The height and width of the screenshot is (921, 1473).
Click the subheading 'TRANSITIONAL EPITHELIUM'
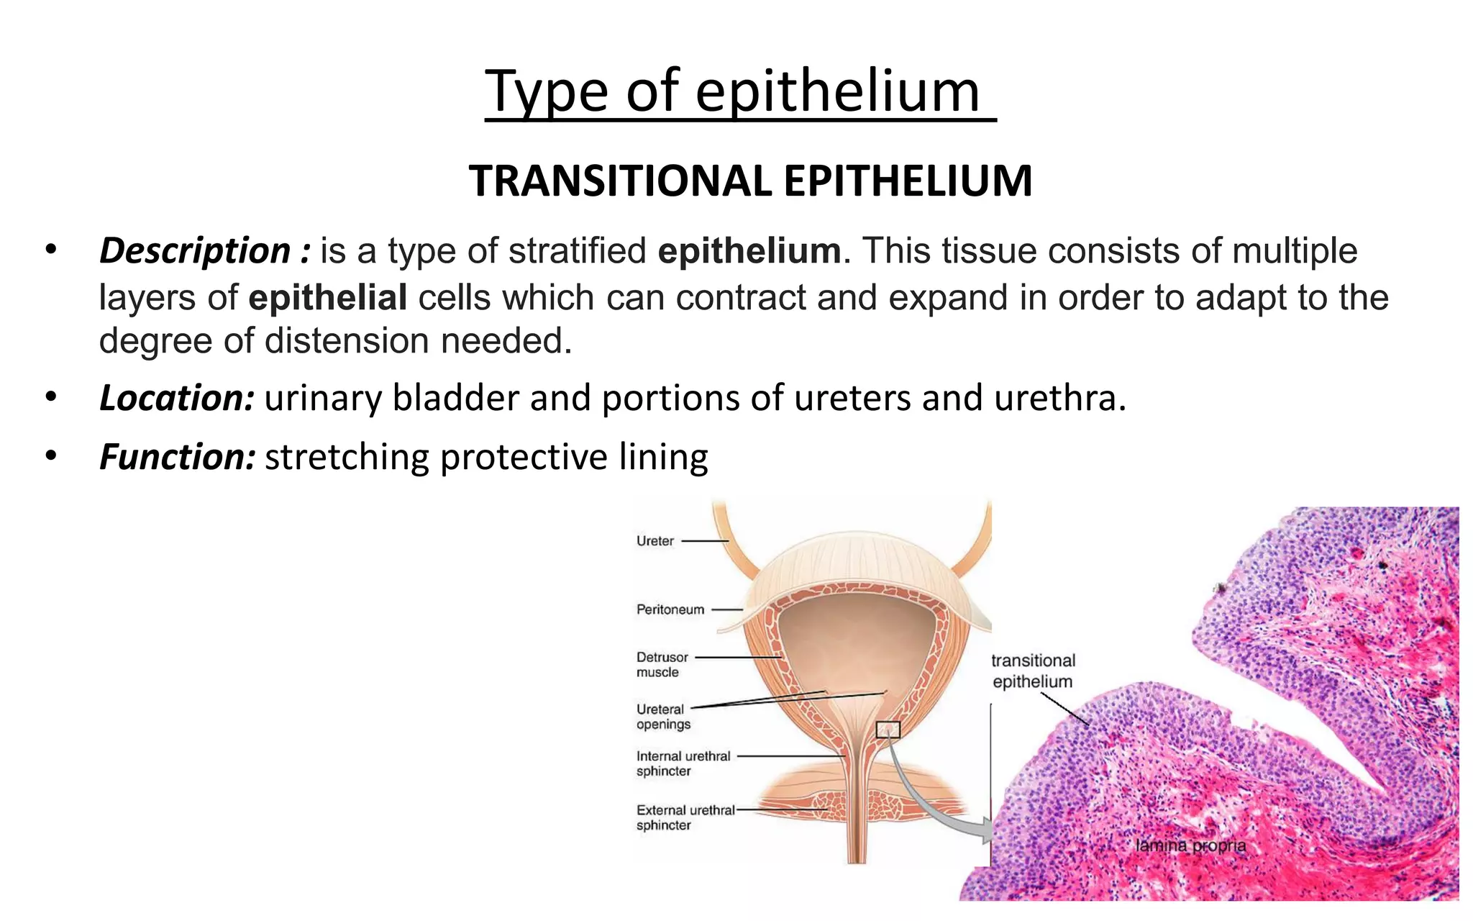point(750,181)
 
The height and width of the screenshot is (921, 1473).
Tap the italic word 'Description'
point(195,251)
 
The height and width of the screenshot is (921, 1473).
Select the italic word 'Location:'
point(177,398)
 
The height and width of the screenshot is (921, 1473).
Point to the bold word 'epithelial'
point(328,297)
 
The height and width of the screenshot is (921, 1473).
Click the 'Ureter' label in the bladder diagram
point(655,541)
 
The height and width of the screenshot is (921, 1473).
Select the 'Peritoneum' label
point(670,609)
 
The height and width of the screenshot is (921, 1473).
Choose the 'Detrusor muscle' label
point(662,664)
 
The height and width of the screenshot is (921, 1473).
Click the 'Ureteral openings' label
point(663,717)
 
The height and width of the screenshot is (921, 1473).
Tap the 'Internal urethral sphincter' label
point(683,763)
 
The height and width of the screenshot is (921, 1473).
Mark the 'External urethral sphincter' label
point(685,817)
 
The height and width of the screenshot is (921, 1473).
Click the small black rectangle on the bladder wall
point(888,730)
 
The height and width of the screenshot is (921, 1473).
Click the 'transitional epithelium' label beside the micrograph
point(1033,671)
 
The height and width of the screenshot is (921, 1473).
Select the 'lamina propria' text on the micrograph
point(1190,845)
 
